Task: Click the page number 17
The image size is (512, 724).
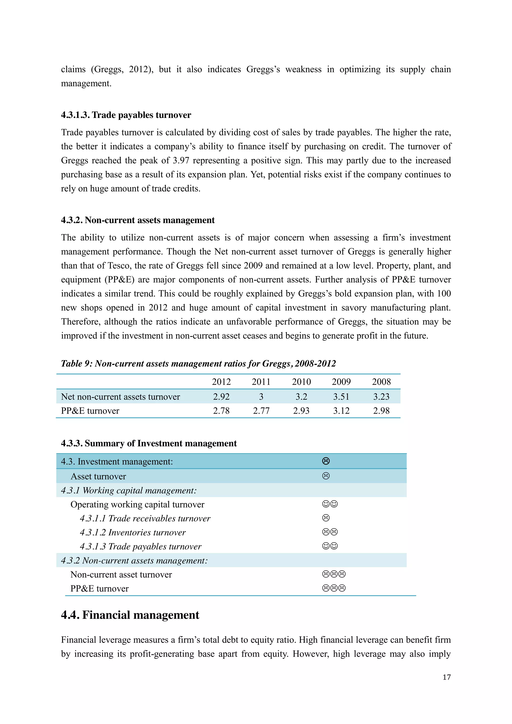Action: [446, 677]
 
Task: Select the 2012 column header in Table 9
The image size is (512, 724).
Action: [221, 382]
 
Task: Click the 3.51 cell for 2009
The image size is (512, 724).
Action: [341, 397]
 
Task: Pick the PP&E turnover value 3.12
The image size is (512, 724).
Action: [341, 411]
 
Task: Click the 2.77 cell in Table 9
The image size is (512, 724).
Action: [261, 411]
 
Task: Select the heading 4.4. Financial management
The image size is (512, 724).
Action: [130, 615]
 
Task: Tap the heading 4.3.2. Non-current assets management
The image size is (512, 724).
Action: [137, 220]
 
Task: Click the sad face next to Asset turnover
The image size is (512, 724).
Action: [326, 476]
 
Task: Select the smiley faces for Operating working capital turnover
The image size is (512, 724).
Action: [330, 504]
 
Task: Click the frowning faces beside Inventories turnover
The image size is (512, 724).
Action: [330, 532]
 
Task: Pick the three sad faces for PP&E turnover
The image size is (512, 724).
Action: [334, 588]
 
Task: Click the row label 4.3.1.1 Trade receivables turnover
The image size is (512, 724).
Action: [145, 518]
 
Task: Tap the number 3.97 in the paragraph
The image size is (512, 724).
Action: [181, 160]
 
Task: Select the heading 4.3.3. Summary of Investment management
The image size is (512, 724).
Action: [148, 443]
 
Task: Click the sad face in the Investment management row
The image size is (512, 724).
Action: [326, 461]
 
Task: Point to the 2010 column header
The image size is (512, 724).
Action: [301, 382]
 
